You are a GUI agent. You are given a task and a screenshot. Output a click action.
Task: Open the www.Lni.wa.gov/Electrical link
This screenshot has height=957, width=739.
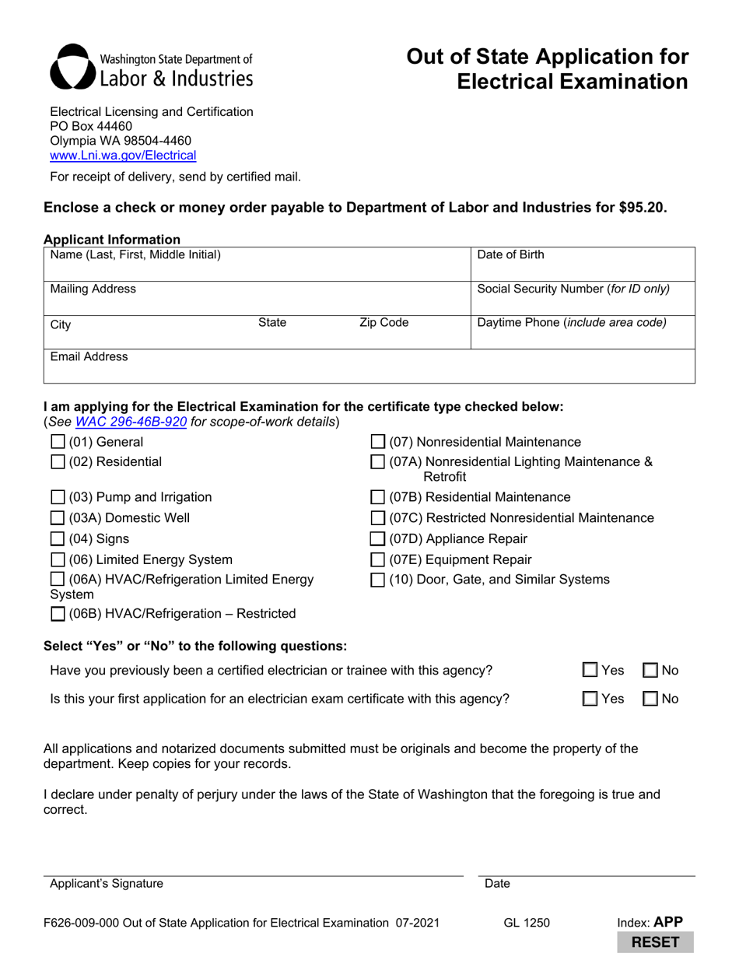pyautogui.click(x=123, y=155)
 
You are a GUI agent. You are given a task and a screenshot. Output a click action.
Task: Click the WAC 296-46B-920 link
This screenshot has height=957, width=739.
pyautogui.click(x=131, y=422)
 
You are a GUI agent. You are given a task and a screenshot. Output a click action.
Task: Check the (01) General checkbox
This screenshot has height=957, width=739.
pyautogui.click(x=58, y=442)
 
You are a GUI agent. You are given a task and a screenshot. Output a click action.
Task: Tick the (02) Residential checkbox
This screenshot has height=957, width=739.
pyautogui.click(x=58, y=462)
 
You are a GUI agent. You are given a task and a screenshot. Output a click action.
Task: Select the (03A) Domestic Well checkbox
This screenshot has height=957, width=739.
pyautogui.click(x=58, y=518)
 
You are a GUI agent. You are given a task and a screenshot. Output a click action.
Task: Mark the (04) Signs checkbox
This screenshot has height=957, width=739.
pyautogui.click(x=58, y=539)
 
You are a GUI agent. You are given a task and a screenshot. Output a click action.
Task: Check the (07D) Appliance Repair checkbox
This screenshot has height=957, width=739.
pyautogui.click(x=377, y=539)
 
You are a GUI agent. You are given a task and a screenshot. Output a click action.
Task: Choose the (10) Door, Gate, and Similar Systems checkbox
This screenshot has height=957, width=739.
pyautogui.click(x=377, y=580)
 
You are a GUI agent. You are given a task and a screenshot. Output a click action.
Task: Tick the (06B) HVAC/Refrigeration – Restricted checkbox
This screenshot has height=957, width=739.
pyautogui.click(x=58, y=614)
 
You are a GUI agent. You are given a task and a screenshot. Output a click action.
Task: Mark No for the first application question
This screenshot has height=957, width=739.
pyautogui.click(x=650, y=699)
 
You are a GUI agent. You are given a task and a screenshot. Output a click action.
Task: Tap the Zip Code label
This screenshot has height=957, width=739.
pyautogui.click(x=384, y=322)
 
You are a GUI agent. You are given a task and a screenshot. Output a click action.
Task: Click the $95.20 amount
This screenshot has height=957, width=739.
pyautogui.click(x=643, y=208)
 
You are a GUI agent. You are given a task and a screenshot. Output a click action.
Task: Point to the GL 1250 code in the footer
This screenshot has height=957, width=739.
pyautogui.click(x=527, y=923)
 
